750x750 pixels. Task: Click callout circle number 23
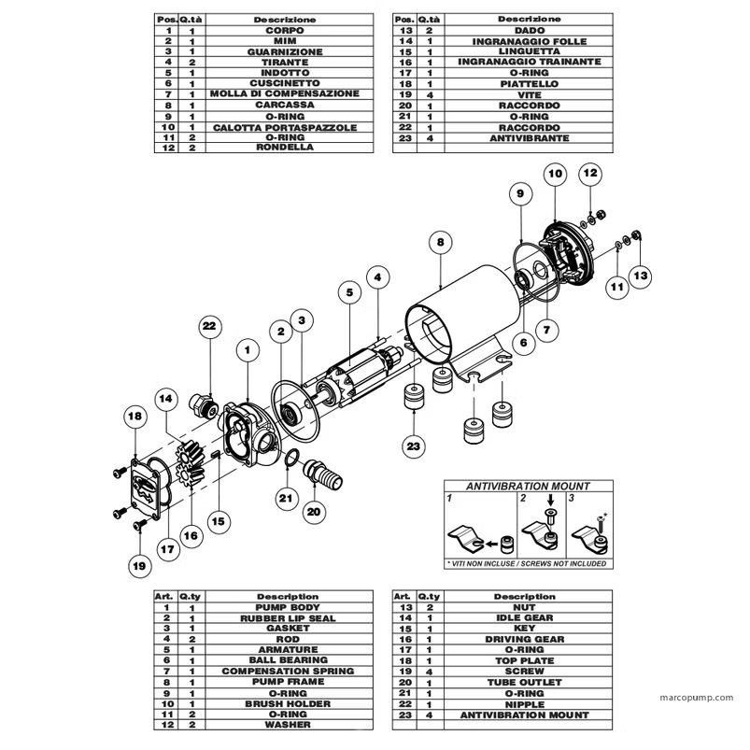tap(415, 446)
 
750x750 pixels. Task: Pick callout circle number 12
tap(590, 173)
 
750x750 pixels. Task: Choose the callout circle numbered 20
tap(314, 511)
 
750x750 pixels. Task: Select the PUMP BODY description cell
tap(287, 607)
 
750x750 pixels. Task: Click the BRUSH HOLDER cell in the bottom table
tap(287, 703)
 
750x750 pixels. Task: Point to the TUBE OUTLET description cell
tap(524, 682)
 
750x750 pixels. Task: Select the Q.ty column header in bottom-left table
tap(191, 596)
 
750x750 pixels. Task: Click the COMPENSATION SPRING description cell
tap(287, 671)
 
